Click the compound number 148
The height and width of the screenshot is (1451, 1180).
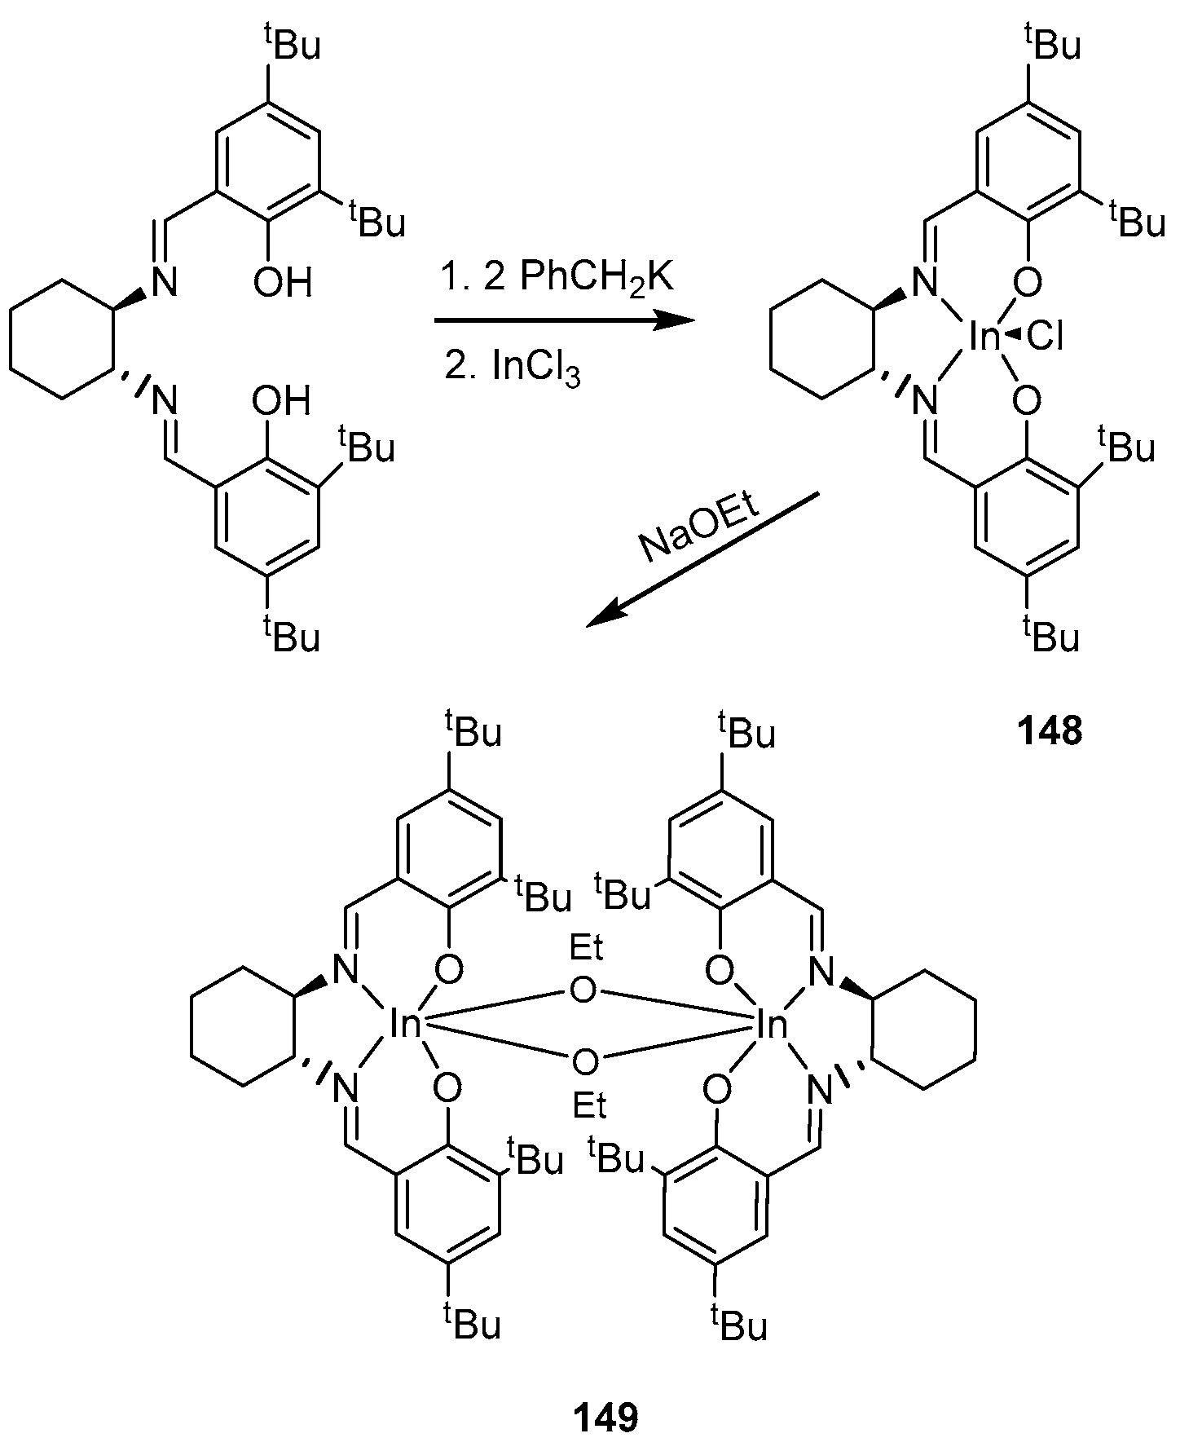click(1050, 732)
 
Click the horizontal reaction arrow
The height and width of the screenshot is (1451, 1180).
click(562, 322)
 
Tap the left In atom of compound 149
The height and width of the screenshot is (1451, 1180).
click(403, 1024)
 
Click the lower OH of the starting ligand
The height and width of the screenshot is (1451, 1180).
click(281, 400)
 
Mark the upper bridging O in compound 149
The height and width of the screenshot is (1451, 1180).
click(583, 991)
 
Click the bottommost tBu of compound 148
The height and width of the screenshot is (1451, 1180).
click(1051, 633)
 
